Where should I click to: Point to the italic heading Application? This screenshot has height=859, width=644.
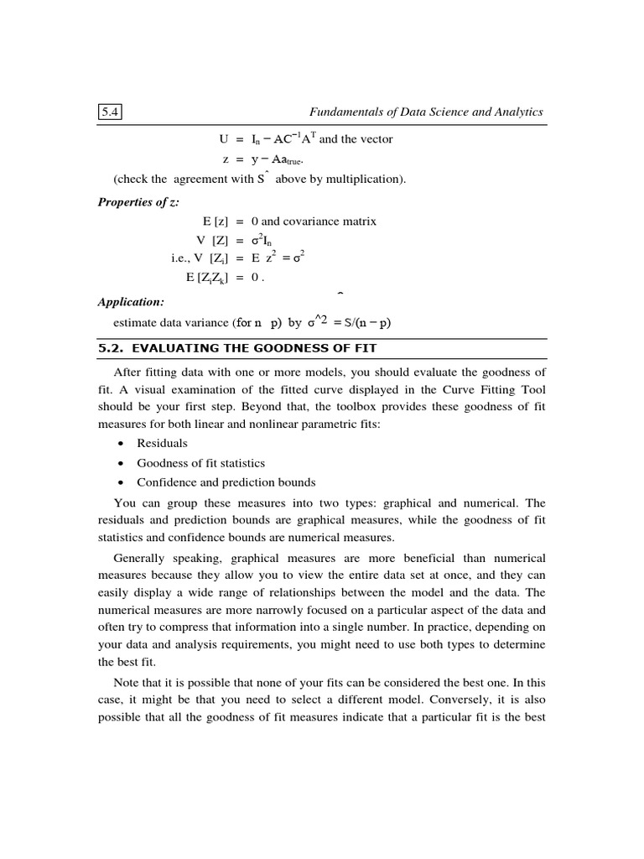[x=131, y=301]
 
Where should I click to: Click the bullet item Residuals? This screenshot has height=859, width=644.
[x=162, y=443]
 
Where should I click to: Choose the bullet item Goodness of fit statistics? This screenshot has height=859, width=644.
[x=200, y=462]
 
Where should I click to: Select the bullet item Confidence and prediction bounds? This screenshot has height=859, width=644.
[x=226, y=482]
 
